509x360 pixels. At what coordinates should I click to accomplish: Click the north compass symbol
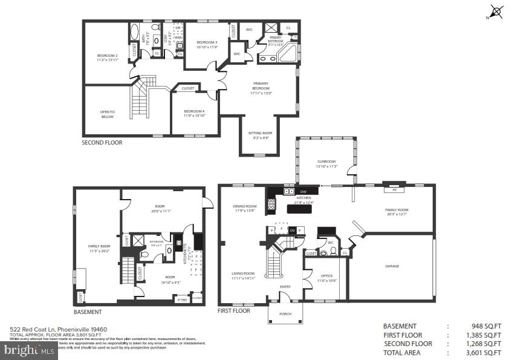(496, 11)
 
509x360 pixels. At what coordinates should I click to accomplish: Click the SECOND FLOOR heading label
(102, 143)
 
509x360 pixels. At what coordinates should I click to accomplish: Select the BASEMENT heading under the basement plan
(88, 312)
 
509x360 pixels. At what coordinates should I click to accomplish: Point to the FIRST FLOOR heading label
(234, 311)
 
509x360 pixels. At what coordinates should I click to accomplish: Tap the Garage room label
(392, 266)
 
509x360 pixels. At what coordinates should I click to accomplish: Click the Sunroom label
(326, 162)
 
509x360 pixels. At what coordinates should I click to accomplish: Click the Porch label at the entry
(285, 314)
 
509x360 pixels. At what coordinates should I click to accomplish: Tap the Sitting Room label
(260, 134)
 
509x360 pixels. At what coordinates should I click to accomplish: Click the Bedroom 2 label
(107, 57)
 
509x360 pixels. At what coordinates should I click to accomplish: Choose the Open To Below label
(107, 114)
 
